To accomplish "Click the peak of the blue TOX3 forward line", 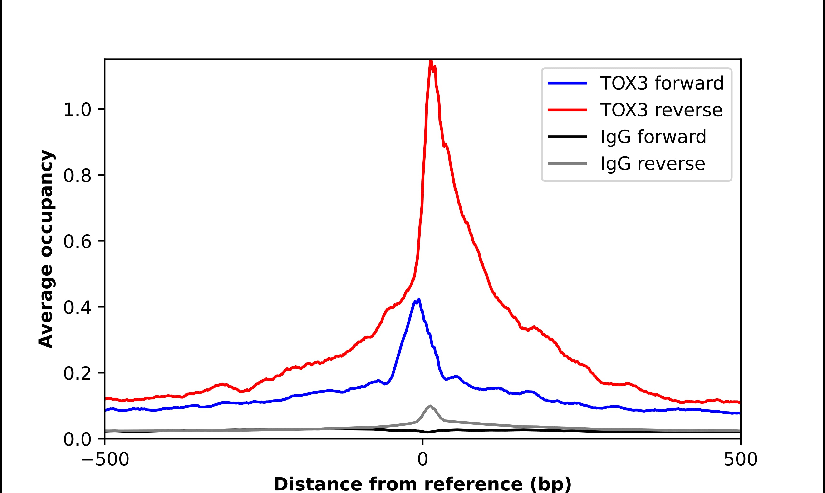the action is tap(419, 300).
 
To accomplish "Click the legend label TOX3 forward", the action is tap(662, 83).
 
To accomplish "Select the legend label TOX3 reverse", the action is tap(661, 110).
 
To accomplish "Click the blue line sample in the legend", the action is tap(567, 83).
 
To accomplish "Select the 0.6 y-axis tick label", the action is tap(77, 241).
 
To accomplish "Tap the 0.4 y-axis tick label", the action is tap(77, 307).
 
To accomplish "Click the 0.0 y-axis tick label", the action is tap(77, 439).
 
